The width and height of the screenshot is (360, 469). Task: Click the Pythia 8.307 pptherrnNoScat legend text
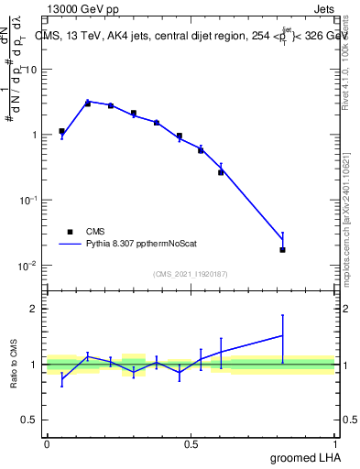point(147,245)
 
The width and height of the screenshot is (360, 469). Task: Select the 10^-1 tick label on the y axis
point(26,201)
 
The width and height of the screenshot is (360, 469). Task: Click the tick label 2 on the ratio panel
point(33,309)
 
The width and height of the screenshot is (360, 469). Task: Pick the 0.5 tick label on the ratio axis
point(29,420)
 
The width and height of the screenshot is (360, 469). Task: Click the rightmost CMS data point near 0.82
point(283,249)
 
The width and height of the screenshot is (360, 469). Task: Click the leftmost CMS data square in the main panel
point(61,131)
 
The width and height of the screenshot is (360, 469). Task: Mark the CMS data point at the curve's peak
point(87,104)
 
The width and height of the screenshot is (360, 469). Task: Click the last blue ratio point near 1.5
point(283,335)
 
